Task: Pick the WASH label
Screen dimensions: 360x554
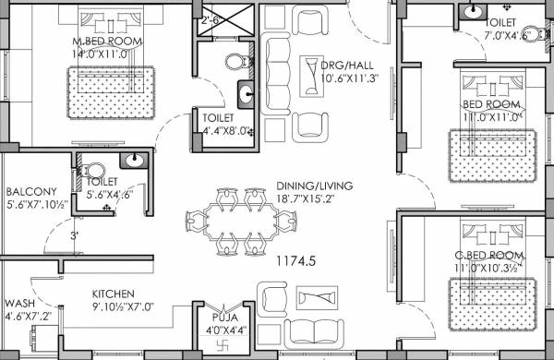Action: pos(19,303)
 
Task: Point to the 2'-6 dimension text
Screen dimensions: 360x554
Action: pos(210,18)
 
